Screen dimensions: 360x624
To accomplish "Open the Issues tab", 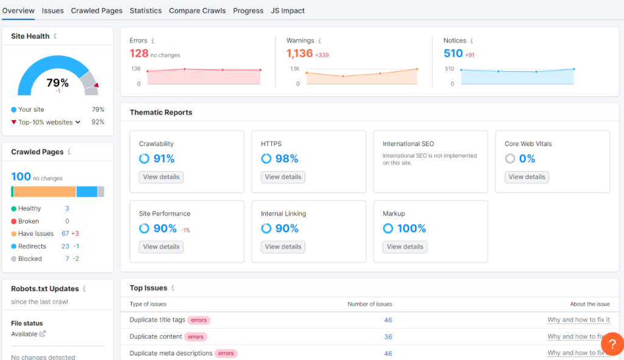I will tap(52, 10).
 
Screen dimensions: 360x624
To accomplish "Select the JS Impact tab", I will tap(288, 10).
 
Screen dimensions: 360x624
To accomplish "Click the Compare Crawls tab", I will tap(197, 10).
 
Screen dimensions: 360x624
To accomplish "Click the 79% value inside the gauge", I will tap(58, 83).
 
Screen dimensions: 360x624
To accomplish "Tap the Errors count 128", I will tap(139, 54).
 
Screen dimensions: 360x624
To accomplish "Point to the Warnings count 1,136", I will tap(299, 54).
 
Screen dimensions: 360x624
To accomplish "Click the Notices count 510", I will tap(453, 54).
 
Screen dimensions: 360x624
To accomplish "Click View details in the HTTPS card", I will tap(283, 177).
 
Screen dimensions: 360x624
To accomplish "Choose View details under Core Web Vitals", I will tap(526, 177).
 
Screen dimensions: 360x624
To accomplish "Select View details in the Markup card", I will tap(405, 247).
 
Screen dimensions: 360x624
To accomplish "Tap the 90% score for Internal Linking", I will tap(286, 228).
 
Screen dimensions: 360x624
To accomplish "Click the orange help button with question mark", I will tap(612, 344).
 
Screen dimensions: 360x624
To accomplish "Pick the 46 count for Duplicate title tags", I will tap(388, 320).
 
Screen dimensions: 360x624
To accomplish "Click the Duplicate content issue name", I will tap(156, 336).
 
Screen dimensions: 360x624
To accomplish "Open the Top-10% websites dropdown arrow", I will tap(78, 122).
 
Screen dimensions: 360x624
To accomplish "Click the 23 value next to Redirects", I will tap(65, 246).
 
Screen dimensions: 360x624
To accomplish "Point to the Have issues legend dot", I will tap(13, 234).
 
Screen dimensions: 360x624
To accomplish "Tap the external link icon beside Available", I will tap(43, 334).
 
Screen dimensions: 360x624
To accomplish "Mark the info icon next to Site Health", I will tap(55, 37).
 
